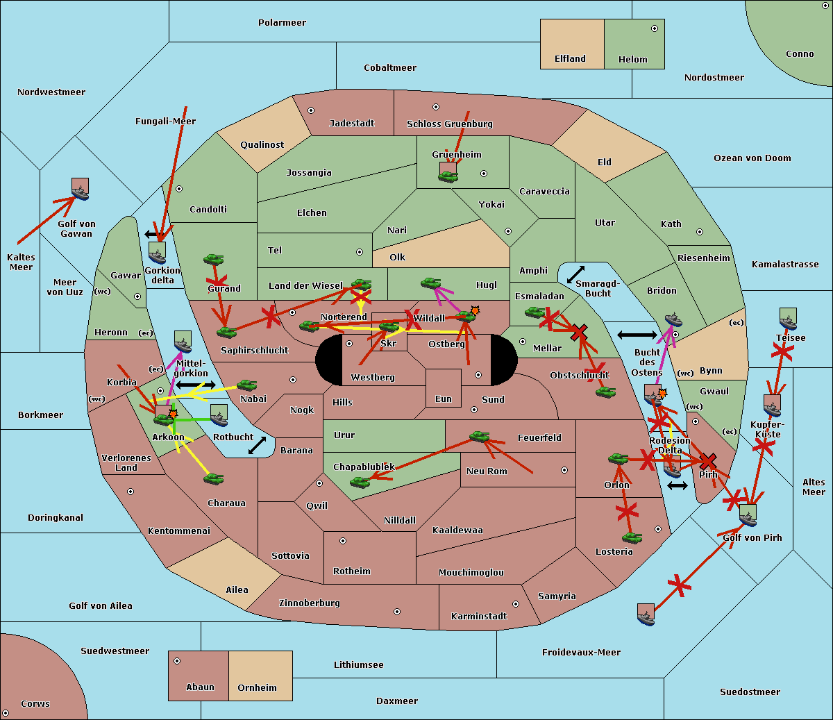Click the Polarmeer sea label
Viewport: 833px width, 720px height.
coord(282,23)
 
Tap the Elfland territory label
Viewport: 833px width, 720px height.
coord(570,59)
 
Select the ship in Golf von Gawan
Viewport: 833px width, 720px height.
coord(81,190)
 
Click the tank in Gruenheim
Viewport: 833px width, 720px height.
coord(448,176)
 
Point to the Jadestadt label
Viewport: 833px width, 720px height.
coord(351,124)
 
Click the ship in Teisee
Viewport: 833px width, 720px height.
coord(788,319)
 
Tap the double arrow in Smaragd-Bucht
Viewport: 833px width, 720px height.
coord(575,275)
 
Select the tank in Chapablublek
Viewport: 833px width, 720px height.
coord(360,480)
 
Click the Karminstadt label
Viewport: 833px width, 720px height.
coord(479,617)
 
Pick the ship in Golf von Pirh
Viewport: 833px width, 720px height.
coord(748,515)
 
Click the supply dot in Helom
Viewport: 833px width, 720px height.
coord(654,28)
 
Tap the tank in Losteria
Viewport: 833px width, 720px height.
coord(632,537)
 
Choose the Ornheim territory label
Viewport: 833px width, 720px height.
coord(257,688)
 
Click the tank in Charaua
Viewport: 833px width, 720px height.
coord(214,478)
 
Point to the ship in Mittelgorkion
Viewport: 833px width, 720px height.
coord(183,342)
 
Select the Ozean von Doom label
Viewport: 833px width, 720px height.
coord(752,158)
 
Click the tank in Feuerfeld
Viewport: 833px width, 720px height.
coord(479,437)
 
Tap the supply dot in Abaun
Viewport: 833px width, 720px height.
coord(177,661)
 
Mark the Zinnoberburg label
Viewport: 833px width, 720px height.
coord(310,603)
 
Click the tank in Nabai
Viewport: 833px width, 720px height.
coord(246,385)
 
